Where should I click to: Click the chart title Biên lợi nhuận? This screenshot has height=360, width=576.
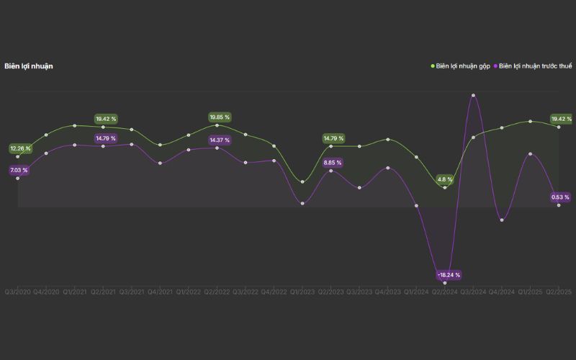point(29,66)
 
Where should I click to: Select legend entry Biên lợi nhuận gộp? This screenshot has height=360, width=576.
point(461,66)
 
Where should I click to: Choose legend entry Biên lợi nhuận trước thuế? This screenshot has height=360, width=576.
point(535,66)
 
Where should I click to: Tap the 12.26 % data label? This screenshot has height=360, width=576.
point(20,148)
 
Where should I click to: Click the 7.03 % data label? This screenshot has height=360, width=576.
point(19,171)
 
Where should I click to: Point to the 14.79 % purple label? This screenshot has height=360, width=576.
point(106,138)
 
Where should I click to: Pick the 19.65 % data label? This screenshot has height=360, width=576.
point(220,117)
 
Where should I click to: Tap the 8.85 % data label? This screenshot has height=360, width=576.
point(333,163)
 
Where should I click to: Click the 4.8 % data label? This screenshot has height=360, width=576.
point(445,179)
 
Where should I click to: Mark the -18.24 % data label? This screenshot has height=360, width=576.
point(449,275)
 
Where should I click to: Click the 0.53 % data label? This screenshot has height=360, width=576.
point(560,197)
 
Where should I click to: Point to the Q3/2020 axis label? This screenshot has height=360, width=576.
point(17,292)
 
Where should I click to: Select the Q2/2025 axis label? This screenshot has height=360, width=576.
point(559,292)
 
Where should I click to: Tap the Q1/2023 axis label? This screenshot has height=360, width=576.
point(302,292)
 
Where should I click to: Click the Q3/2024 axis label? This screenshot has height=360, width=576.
point(473,292)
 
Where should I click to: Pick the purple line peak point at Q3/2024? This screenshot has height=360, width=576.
point(473,95)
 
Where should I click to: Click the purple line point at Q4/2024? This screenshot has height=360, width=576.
point(502,220)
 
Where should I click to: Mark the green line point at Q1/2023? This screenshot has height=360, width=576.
point(302,181)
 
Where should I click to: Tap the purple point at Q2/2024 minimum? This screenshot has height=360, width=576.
point(445,264)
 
